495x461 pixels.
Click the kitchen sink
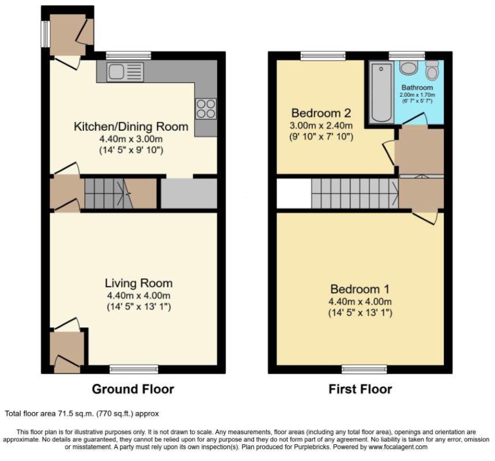[x=125, y=72]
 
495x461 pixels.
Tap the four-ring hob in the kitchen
[x=206, y=109]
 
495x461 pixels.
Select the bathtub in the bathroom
[x=381, y=92]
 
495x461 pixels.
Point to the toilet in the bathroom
[x=432, y=70]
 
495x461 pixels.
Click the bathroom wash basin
[x=409, y=67]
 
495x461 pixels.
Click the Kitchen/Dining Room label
[x=131, y=126]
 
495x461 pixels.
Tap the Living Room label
[x=138, y=284]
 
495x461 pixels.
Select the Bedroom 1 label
[x=360, y=289]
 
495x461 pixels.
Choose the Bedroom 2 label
[x=321, y=113]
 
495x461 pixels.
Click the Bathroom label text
[x=417, y=88]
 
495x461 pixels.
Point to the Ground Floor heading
[x=133, y=389]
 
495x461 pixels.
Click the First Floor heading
[x=360, y=389]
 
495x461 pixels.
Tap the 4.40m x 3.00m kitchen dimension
[x=131, y=139]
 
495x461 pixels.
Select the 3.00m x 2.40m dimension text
[x=321, y=126]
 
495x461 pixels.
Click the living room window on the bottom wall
[x=134, y=369]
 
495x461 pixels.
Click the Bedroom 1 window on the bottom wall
[x=364, y=369]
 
